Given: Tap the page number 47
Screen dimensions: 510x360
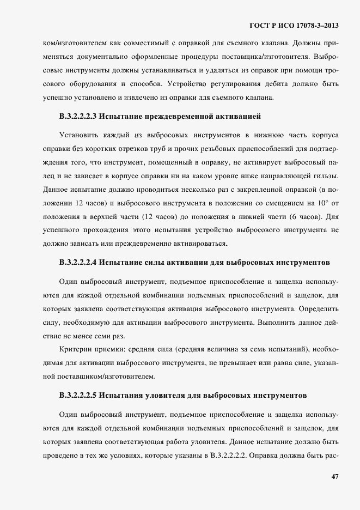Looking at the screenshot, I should (334, 477).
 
